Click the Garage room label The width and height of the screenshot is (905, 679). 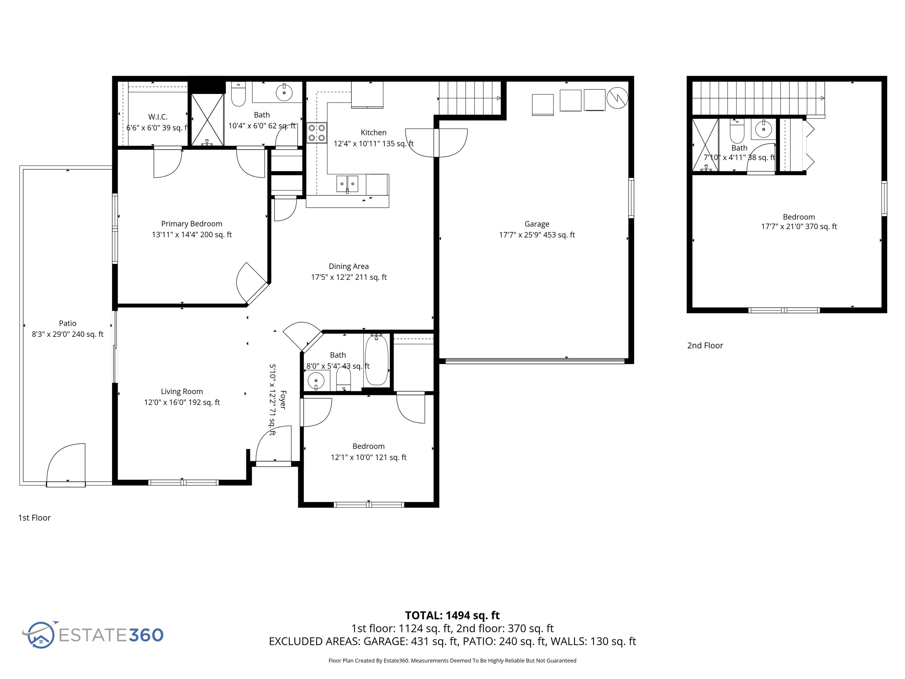[x=537, y=224]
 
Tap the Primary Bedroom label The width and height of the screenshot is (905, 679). [x=191, y=223]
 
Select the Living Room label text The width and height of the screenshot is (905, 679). [x=182, y=391]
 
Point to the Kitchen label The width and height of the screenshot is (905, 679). [x=373, y=132]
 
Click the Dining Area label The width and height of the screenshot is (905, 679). [x=349, y=266]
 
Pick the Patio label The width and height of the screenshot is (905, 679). [x=67, y=323]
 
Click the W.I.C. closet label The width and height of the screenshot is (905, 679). [x=158, y=117]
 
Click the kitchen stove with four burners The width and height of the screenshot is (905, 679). [x=317, y=133]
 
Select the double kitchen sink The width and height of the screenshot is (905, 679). [x=347, y=184]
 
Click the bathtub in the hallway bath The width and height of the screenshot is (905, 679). [x=376, y=360]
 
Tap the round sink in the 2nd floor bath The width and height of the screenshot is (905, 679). [x=763, y=129]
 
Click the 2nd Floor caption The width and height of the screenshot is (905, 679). [x=705, y=345]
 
